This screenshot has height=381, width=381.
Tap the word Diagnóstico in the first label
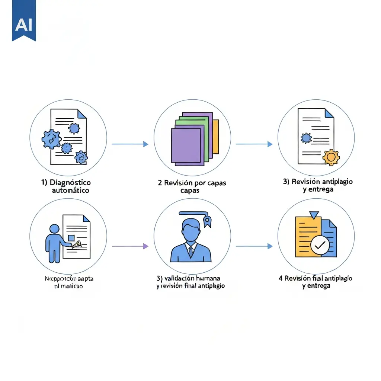click(70, 183)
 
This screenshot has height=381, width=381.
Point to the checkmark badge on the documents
click(320, 245)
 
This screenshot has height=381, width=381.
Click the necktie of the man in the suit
click(190, 252)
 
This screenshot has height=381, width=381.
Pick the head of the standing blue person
click(55, 230)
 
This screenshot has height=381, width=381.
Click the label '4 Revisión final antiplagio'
click(316, 278)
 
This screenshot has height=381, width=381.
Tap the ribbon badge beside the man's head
click(207, 222)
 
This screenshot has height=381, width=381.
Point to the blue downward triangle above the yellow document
click(314, 215)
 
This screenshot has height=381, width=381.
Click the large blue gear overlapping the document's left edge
click(51, 139)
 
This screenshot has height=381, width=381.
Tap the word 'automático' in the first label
click(70, 190)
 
